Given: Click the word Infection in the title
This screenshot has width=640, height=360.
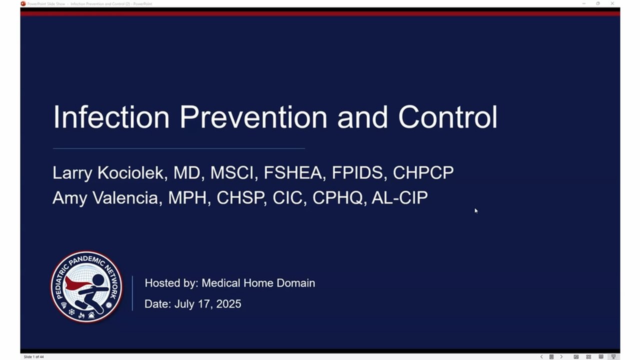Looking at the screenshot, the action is (111, 117).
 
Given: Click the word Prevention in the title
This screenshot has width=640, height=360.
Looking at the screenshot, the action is (253, 117).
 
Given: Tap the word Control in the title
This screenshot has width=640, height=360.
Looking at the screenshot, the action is (447, 117).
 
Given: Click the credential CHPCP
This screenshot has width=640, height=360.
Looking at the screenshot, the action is (423, 172).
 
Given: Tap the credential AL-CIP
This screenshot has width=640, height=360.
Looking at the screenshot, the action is (399, 197).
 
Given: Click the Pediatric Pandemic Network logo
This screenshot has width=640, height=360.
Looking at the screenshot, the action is (86, 287).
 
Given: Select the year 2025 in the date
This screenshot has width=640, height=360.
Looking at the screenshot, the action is (228, 303).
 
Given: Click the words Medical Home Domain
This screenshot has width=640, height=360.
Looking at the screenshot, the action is (258, 283).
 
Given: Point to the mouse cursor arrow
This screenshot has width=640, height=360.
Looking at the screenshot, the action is (476, 211).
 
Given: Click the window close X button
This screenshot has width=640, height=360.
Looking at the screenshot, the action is (612, 3).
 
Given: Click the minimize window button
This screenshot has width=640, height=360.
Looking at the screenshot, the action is (583, 3).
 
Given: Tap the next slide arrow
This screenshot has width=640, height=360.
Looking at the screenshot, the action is (561, 356).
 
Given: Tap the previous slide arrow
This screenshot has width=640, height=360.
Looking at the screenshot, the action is (541, 356).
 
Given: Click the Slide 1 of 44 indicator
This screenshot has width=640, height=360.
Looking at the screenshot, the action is (33, 357).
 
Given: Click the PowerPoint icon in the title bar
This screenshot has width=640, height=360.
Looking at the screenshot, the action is (23, 3).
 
